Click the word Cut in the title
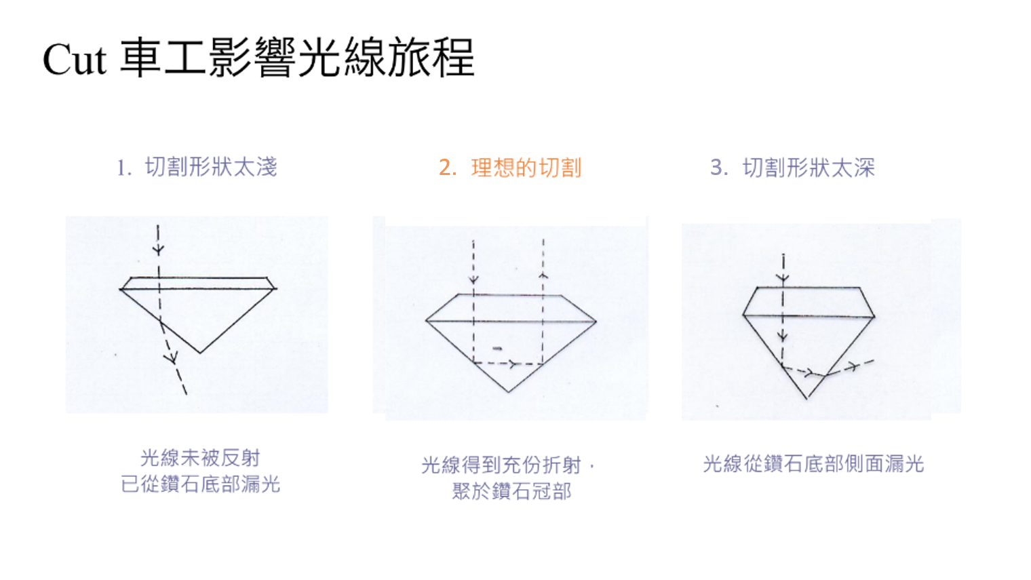(x=75, y=59)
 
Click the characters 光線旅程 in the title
(x=386, y=58)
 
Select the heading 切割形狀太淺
(x=211, y=167)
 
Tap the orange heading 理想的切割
(x=526, y=168)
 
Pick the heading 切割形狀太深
(x=809, y=168)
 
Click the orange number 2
(x=447, y=168)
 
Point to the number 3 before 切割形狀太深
(x=718, y=168)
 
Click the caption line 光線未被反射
(x=200, y=458)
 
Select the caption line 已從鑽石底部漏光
(x=200, y=484)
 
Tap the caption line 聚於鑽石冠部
(x=511, y=491)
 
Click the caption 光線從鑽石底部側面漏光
(x=813, y=464)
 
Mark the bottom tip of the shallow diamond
(x=199, y=353)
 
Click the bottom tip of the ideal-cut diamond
(x=509, y=392)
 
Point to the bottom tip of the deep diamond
(x=807, y=399)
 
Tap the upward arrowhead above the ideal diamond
(x=543, y=275)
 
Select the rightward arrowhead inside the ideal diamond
(x=512, y=364)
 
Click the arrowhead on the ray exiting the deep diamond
(x=853, y=367)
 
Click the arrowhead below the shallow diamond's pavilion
(x=172, y=357)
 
